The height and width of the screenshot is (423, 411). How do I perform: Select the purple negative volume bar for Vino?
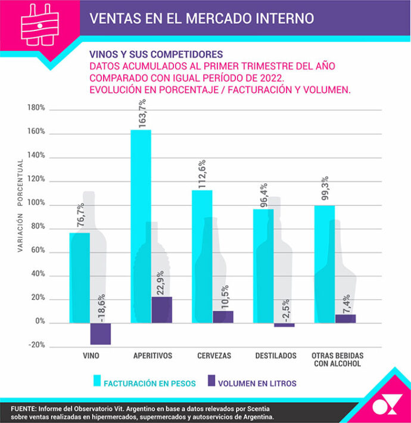point(100,334)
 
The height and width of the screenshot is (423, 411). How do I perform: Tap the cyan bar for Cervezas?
point(201,256)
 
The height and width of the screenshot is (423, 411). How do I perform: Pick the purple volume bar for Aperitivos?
point(161,310)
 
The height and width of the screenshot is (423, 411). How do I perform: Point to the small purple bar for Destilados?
point(284,325)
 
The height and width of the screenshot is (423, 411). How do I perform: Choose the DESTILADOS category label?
point(275,356)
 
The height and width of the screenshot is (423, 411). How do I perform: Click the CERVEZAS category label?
point(214,356)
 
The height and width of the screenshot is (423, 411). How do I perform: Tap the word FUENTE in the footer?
point(24,407)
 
